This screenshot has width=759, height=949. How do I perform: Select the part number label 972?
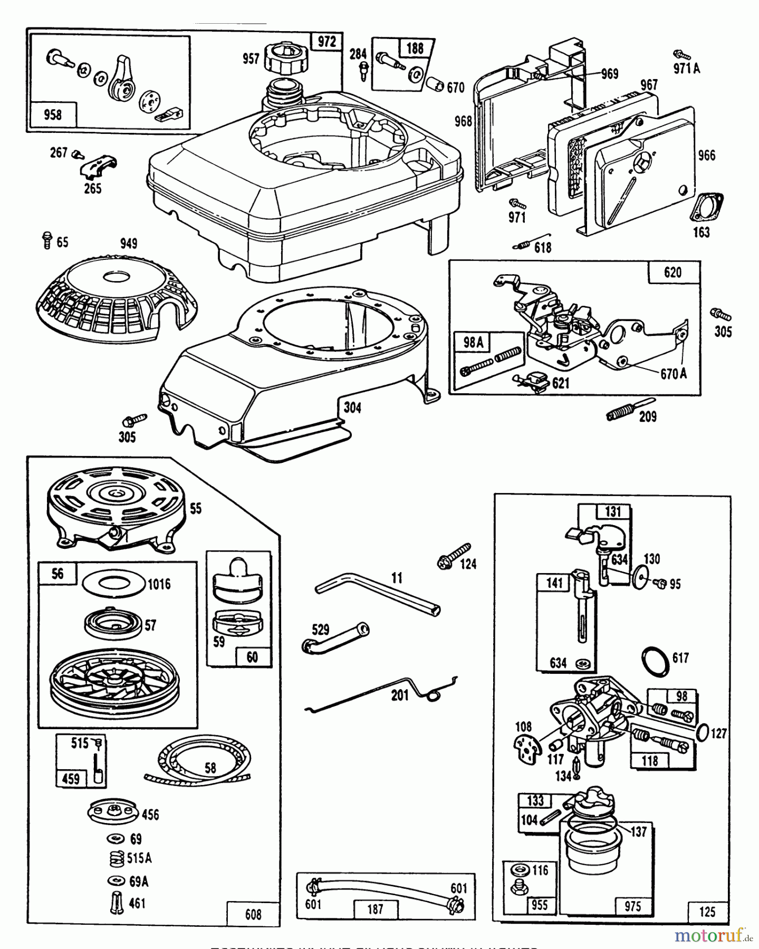pos(327,42)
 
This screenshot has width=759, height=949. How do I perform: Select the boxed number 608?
pos(253,914)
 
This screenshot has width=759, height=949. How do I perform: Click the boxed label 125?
pos(707,912)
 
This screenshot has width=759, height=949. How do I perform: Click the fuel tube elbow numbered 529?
pos(335,638)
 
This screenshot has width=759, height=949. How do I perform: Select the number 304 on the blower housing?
pos(352,408)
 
